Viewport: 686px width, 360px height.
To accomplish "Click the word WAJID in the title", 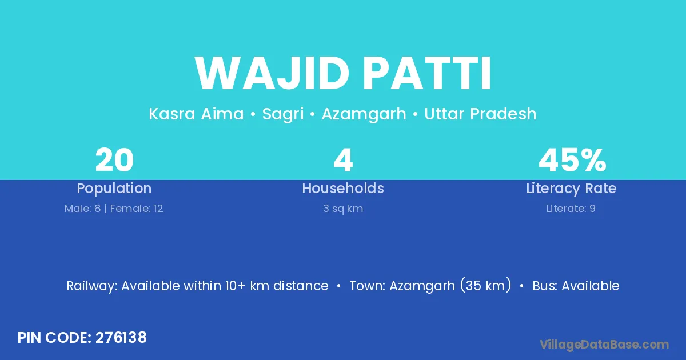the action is click(x=272, y=73).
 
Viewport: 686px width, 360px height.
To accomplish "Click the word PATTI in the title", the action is click(x=427, y=73).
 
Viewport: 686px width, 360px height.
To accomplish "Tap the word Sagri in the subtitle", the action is click(x=282, y=114).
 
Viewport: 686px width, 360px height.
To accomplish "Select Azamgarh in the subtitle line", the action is click(x=364, y=114).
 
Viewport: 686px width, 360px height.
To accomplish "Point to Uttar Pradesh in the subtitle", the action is click(x=480, y=114).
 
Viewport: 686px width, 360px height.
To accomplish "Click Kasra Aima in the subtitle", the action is click(x=196, y=114).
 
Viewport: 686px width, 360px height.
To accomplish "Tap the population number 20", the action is click(x=114, y=160).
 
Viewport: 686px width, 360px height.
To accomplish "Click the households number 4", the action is click(x=343, y=160).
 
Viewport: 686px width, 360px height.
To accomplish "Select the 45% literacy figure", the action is click(x=572, y=160).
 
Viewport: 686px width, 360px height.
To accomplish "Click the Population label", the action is click(x=114, y=189).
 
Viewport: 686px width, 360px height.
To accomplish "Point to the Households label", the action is click(x=343, y=188).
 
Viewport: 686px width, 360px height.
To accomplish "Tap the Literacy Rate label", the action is click(x=571, y=189).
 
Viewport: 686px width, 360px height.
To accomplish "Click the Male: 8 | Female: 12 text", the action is click(x=114, y=209).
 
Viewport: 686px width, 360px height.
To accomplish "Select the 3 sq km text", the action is click(x=343, y=209).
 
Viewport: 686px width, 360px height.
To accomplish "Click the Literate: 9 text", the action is click(x=571, y=209).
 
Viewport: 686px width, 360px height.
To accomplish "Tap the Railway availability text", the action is click(x=198, y=286).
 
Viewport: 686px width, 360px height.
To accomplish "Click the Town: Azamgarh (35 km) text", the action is click(x=430, y=285).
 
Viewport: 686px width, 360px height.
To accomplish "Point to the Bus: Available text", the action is click(x=576, y=286).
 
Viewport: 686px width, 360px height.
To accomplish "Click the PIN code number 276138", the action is click(x=121, y=338).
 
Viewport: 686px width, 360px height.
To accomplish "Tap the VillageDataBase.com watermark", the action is click(x=604, y=345).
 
